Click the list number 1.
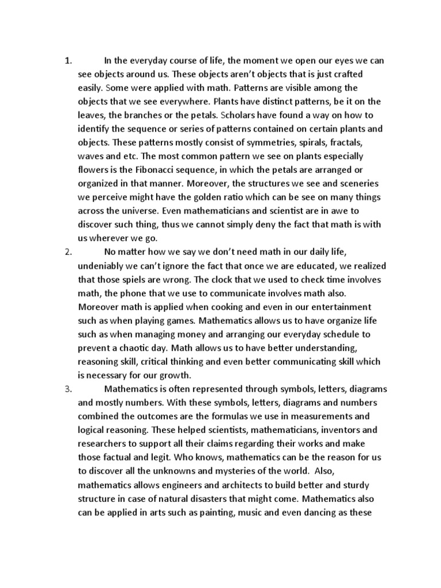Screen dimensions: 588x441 (x=67, y=61)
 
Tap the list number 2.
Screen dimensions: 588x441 (x=67, y=251)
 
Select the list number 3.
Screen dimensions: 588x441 (x=67, y=389)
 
